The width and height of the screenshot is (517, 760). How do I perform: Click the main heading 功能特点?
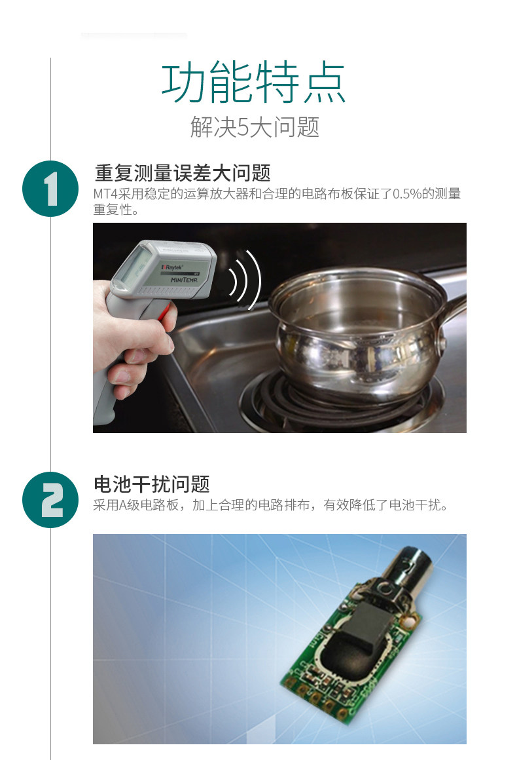pos(253,84)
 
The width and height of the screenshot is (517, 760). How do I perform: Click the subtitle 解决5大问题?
pos(255,126)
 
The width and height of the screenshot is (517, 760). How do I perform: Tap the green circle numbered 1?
pos(50,189)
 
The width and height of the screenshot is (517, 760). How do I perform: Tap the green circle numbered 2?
pos(50,499)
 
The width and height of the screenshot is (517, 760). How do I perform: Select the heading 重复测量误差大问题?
pos(183,173)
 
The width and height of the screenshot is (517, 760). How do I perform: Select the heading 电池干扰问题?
pos(152,484)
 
